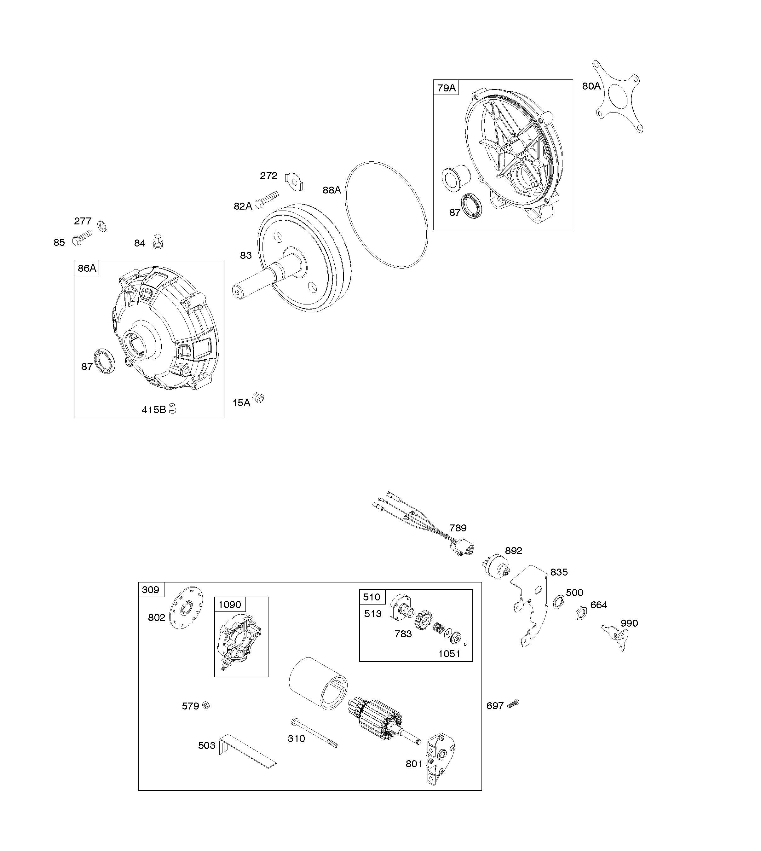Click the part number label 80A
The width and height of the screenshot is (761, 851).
tap(591, 86)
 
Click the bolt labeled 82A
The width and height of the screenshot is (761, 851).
tap(267, 200)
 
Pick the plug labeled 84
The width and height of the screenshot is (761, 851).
tap(158, 241)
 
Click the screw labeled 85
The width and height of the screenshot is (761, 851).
tap(82, 238)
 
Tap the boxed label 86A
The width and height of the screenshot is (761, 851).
tap(87, 268)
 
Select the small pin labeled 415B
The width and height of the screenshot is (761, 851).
tap(172, 408)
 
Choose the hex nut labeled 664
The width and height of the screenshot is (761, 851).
tap(581, 613)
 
